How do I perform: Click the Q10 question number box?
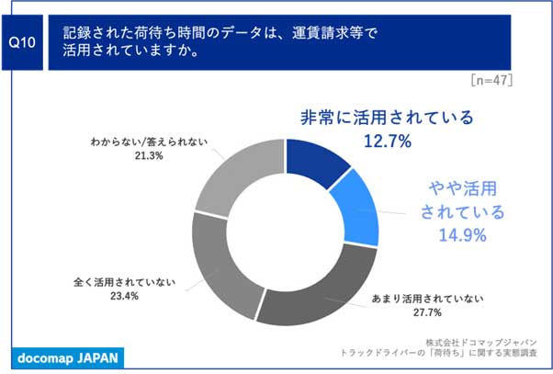(22, 42)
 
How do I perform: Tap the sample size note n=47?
(491, 80)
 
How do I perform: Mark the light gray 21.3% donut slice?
(240, 173)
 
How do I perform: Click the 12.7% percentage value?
(388, 142)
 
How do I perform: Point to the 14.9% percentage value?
(462, 234)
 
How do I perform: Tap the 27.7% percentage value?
(427, 312)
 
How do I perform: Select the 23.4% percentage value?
(124, 296)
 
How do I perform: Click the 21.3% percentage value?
(149, 155)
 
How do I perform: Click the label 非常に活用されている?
(387, 118)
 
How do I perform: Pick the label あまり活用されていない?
(427, 299)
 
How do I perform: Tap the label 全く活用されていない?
(124, 282)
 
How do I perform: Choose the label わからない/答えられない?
(149, 142)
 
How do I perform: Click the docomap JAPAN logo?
(68, 358)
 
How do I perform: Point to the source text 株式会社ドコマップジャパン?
(481, 342)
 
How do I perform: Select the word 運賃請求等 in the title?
(327, 33)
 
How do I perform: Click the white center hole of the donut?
(286, 232)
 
